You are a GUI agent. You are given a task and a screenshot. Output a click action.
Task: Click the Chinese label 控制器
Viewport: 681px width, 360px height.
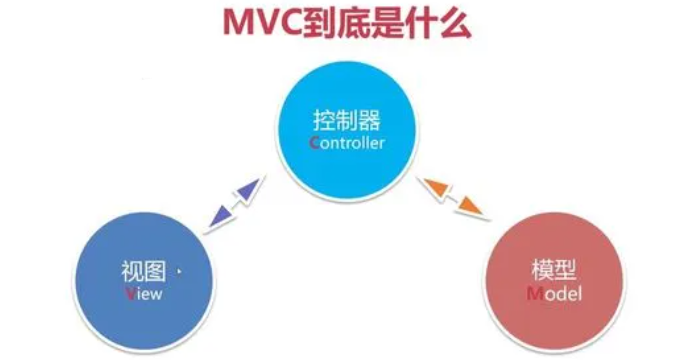click(x=347, y=120)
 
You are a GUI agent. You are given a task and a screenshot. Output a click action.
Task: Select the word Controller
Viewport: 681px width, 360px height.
click(x=347, y=143)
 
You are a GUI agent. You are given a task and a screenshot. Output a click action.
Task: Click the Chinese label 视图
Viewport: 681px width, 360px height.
click(x=143, y=271)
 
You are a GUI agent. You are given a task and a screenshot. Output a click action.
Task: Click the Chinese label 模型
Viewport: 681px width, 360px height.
click(x=554, y=269)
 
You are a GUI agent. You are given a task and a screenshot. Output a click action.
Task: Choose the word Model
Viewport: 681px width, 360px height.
click(x=554, y=294)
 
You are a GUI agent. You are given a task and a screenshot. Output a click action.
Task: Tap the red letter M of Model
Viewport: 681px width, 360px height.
click(x=535, y=294)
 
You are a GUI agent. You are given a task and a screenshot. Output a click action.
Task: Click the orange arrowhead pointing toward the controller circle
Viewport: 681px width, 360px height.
click(x=436, y=188)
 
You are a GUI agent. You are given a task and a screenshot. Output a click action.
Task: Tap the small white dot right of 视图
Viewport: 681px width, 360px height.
click(x=179, y=271)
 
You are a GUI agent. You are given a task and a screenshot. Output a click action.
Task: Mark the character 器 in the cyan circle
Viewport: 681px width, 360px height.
click(x=369, y=120)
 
